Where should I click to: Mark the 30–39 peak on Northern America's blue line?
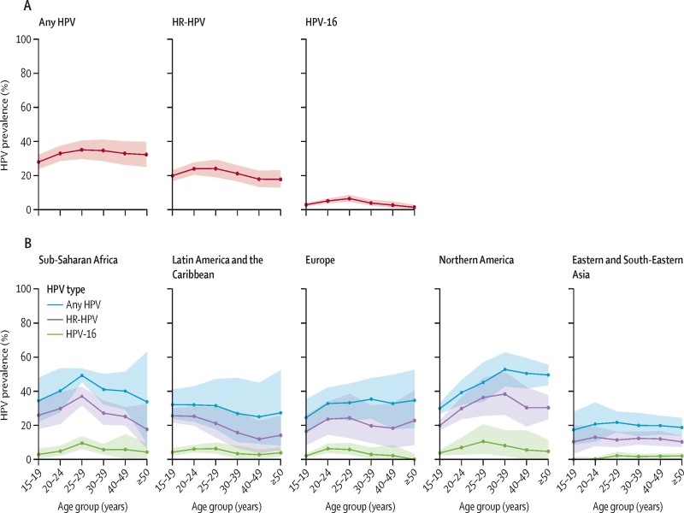point(504,369)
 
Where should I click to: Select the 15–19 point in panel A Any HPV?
point(38,162)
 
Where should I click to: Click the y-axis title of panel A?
point(7,124)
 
